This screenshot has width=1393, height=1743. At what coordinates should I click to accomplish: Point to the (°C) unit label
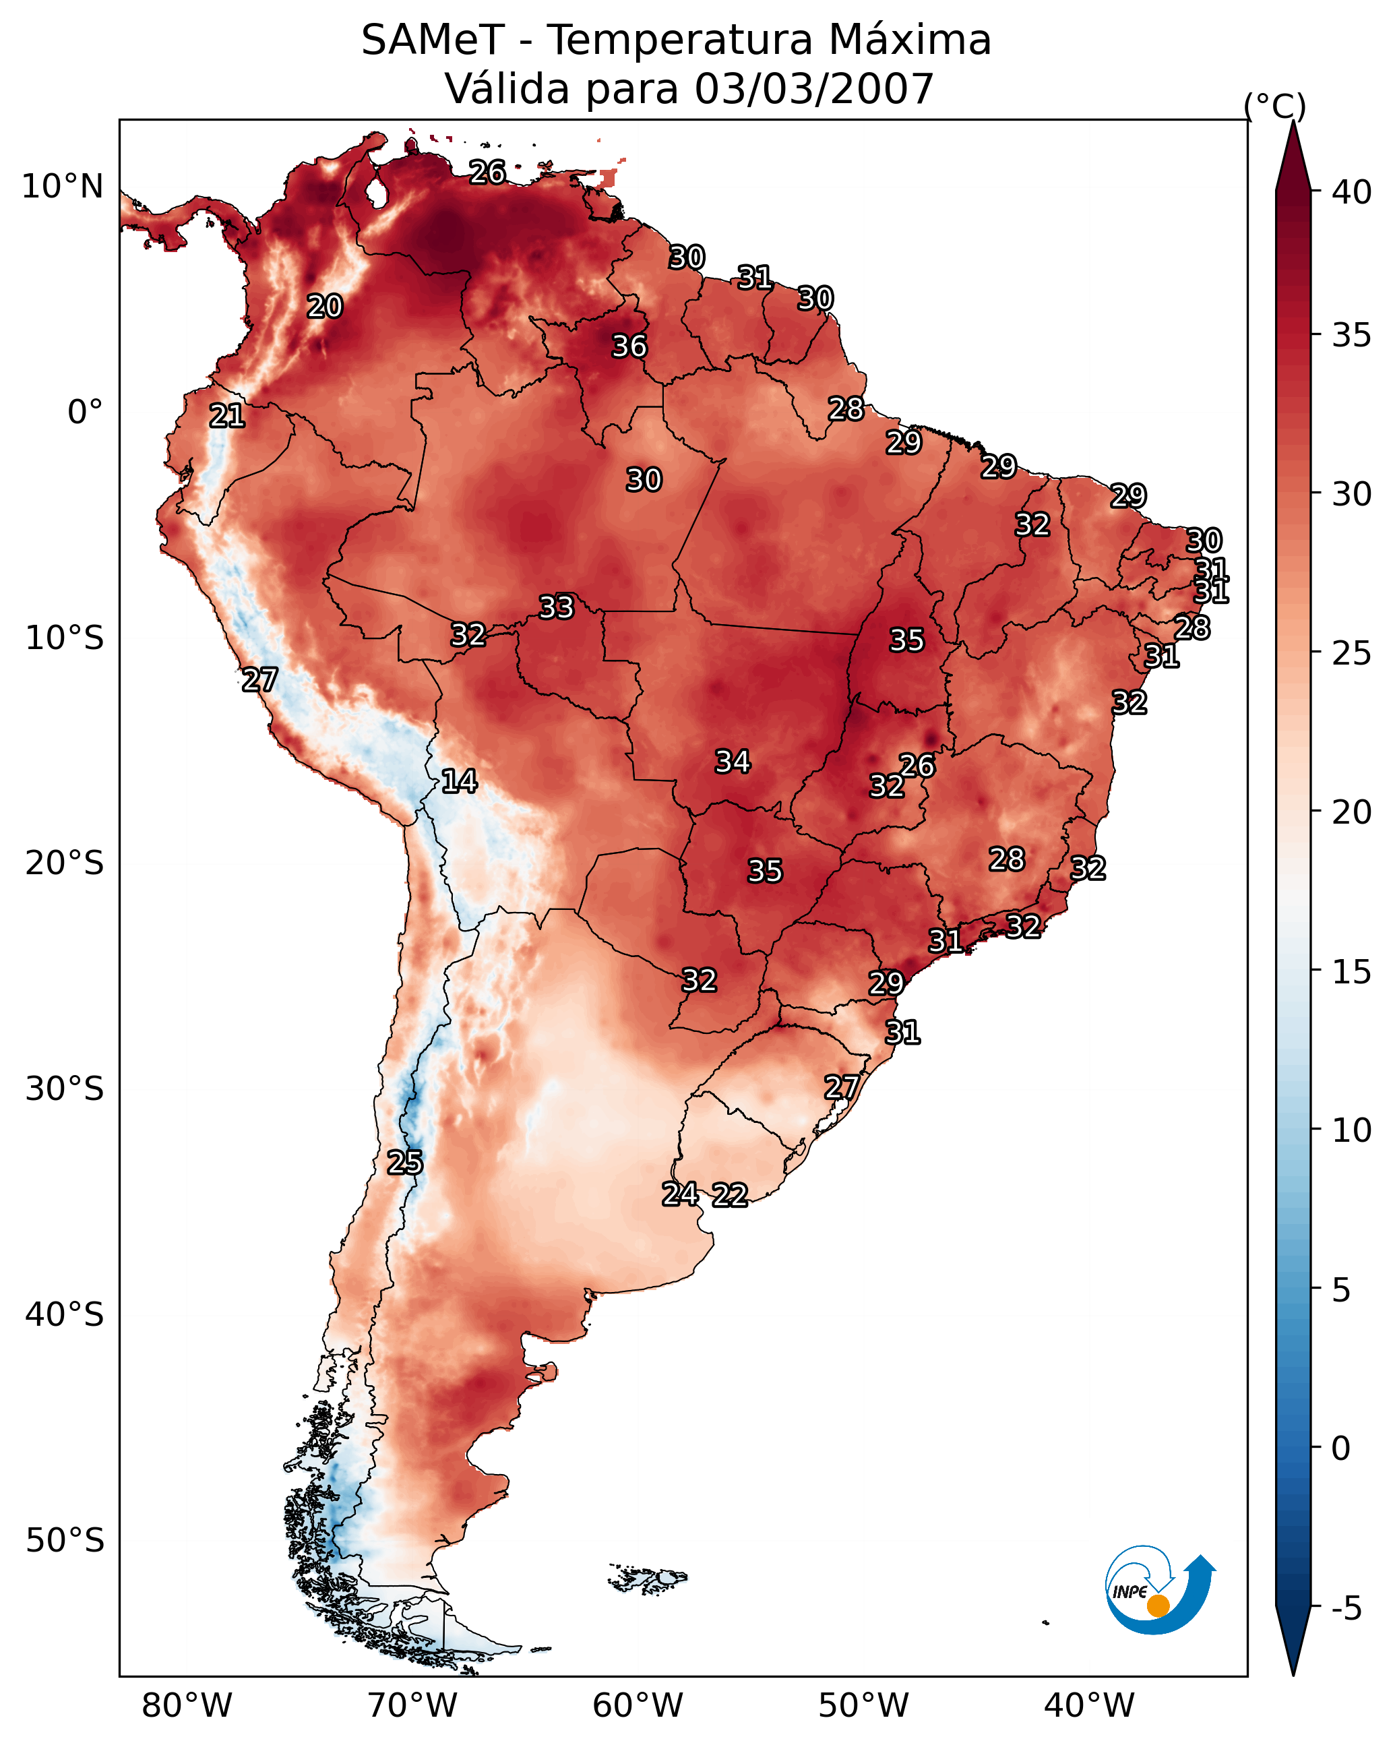point(1274,106)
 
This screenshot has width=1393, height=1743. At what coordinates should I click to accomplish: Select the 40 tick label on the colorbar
point(1352,192)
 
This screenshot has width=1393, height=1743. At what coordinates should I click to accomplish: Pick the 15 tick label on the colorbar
point(1352,972)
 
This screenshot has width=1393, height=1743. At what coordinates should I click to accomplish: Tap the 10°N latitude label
point(62,187)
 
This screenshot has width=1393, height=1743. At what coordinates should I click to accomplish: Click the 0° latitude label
point(85,412)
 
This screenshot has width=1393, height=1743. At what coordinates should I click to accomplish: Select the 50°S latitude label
point(65,1541)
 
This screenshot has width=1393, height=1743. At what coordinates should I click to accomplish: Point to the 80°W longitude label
point(187,1706)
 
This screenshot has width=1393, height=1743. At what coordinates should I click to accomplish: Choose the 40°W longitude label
point(1089,1706)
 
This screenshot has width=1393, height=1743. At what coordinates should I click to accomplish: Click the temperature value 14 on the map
point(459,781)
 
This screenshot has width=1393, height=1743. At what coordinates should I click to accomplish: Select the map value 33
point(556,607)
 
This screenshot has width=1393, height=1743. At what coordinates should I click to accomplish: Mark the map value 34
point(733,762)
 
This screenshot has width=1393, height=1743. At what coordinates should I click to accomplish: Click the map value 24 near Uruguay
point(680,1194)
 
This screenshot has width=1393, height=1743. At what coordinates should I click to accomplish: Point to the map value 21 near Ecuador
point(227,417)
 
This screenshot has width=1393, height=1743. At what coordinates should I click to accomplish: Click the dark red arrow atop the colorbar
point(1293,158)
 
